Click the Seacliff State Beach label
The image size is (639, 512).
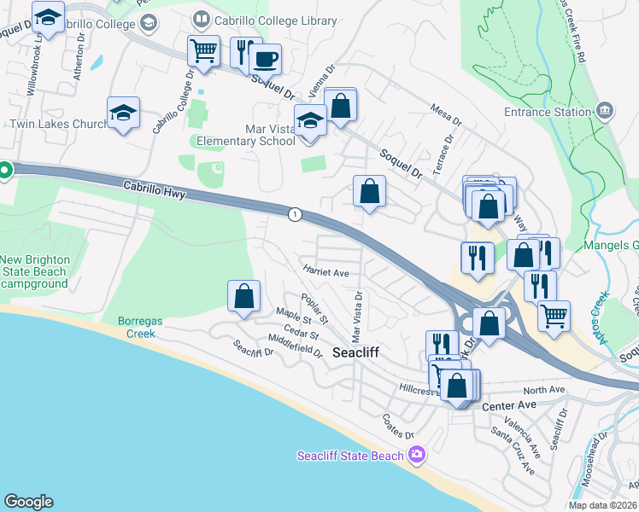tap(350, 456)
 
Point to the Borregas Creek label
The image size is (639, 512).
tap(136, 328)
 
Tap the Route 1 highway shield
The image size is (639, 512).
tap(295, 214)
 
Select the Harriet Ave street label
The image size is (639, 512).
tap(325, 273)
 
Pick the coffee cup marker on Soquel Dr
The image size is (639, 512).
tap(265, 59)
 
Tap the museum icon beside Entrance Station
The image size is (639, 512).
tap(605, 110)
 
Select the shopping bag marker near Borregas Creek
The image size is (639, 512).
tap(243, 296)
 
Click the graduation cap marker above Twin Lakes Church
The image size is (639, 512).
tap(123, 113)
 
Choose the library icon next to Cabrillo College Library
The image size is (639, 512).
tap(201, 17)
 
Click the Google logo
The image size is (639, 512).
tap(28, 502)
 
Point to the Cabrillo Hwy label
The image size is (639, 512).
tap(154, 190)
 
